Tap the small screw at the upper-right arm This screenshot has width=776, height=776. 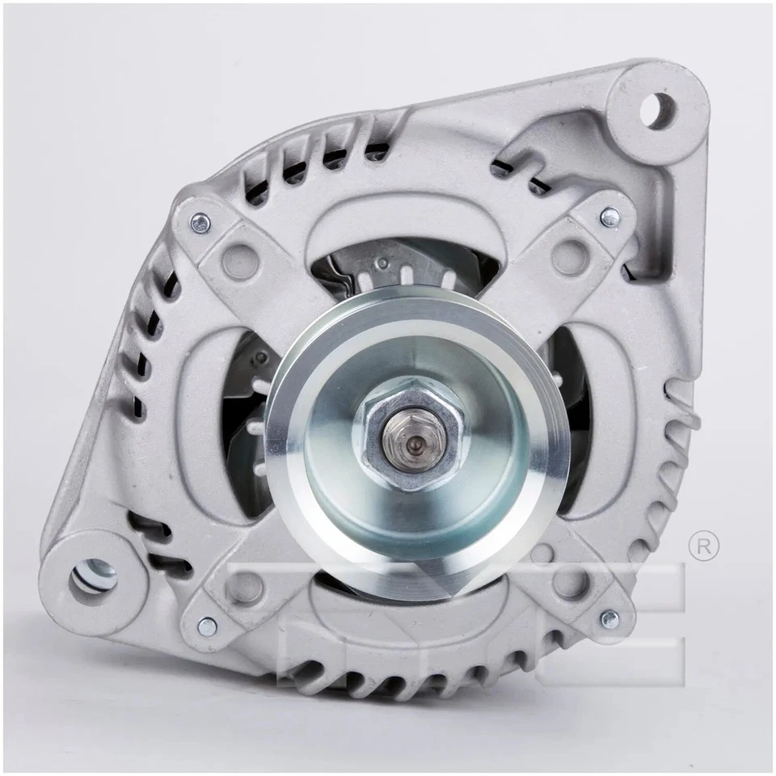point(611,216)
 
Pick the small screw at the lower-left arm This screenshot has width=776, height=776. point(207,624)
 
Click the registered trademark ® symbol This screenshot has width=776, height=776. point(702,546)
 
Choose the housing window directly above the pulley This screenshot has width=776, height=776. point(404,267)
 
